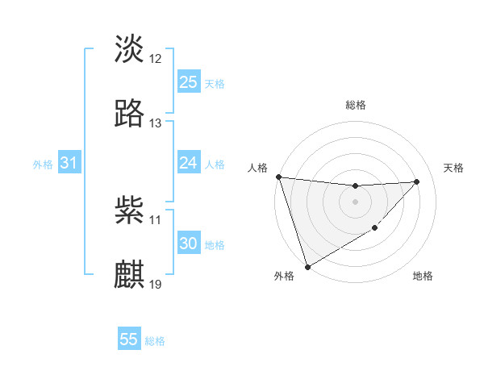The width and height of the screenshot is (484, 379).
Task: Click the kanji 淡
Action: click(x=129, y=48)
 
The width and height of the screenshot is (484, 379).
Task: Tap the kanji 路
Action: click(x=129, y=114)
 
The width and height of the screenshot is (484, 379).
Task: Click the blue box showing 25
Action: click(x=188, y=82)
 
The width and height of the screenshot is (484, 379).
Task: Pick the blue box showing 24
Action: click(x=188, y=164)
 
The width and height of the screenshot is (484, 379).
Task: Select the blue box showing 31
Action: click(x=69, y=164)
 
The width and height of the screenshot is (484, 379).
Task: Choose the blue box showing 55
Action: click(x=129, y=339)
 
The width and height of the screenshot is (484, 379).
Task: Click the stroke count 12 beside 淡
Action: click(x=156, y=58)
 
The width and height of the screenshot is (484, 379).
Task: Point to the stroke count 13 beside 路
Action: click(x=156, y=123)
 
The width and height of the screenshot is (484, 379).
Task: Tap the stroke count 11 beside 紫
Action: click(x=156, y=219)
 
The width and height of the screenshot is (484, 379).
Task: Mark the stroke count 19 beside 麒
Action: click(x=156, y=285)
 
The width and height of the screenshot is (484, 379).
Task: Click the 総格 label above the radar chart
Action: click(x=355, y=105)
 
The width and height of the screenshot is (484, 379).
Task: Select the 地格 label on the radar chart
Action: click(x=423, y=277)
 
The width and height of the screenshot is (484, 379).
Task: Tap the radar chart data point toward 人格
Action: click(x=278, y=177)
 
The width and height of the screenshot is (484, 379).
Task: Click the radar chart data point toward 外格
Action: click(x=307, y=266)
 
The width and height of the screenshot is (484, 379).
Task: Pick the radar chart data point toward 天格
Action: click(x=416, y=181)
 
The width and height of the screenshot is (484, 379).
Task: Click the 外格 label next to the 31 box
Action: click(x=43, y=165)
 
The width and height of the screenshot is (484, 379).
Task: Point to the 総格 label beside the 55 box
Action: click(x=155, y=340)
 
